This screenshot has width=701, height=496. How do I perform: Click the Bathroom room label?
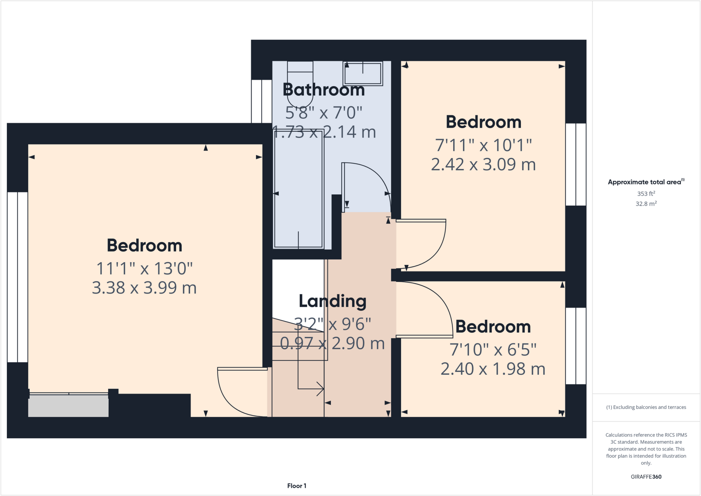pos(323,90)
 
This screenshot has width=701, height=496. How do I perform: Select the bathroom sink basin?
pos(363,74)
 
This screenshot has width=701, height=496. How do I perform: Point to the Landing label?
pos(332,301)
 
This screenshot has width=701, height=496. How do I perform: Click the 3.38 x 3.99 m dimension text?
pos(144,288)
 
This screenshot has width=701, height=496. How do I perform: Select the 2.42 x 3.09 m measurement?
pos(483,165)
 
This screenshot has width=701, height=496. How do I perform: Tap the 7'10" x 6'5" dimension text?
pos(493,350)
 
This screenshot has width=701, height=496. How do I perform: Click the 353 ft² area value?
pos(646,194)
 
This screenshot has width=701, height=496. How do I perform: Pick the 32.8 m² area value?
pos(646,204)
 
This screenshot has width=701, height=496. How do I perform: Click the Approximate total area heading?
pos(646,182)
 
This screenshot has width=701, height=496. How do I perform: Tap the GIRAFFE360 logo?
pos(646,476)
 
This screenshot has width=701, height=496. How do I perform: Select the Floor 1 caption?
pos(296,486)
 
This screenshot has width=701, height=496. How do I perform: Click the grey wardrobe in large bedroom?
pos(68,406)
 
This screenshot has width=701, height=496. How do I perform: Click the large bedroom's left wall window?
pos(17,277)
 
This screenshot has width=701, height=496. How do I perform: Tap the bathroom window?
pos(262,101)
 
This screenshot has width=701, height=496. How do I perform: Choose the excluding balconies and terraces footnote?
pos(646,407)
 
